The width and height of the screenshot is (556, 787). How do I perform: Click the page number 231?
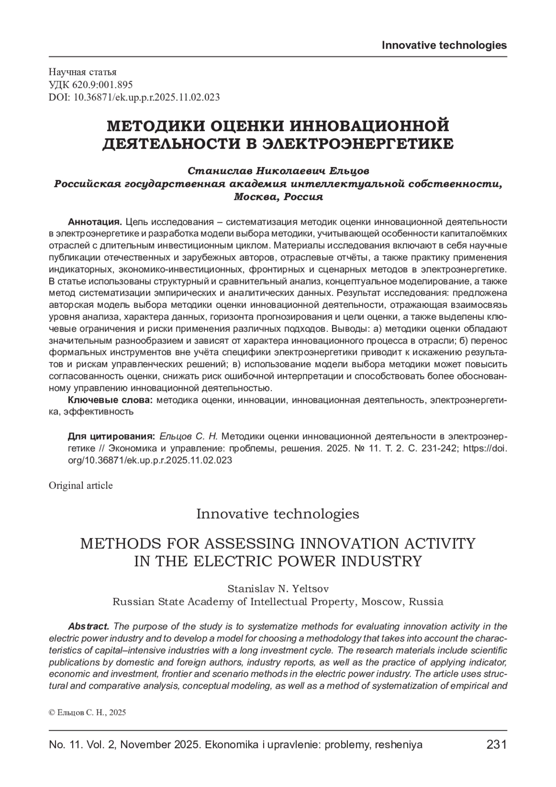(496, 745)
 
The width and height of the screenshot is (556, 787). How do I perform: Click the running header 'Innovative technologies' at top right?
(444, 45)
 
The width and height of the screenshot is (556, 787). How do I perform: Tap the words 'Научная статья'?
(82, 72)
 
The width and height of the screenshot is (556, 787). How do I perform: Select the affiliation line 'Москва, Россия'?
(278, 197)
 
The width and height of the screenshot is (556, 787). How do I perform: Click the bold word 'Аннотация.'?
(95, 221)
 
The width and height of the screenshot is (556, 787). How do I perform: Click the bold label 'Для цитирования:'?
(111, 436)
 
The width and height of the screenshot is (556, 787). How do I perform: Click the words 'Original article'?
(81, 485)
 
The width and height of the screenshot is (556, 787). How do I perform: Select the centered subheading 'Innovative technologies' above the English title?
(278, 514)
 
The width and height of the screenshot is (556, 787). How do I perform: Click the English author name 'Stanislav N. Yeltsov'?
(278, 589)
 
